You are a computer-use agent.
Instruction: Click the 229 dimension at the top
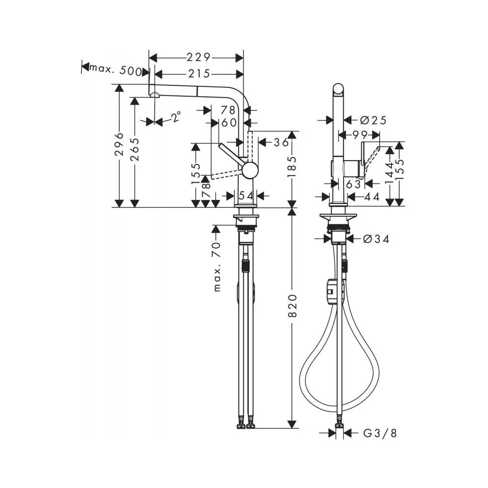(199, 58)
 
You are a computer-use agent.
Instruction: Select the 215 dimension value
(199, 74)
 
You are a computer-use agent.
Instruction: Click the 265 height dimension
(135, 150)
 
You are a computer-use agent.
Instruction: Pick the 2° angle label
(176, 117)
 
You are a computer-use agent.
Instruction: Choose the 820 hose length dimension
(292, 305)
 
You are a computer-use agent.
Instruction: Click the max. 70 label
(217, 266)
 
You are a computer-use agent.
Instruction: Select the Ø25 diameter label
(373, 120)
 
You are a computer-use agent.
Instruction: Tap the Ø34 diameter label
(376, 239)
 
